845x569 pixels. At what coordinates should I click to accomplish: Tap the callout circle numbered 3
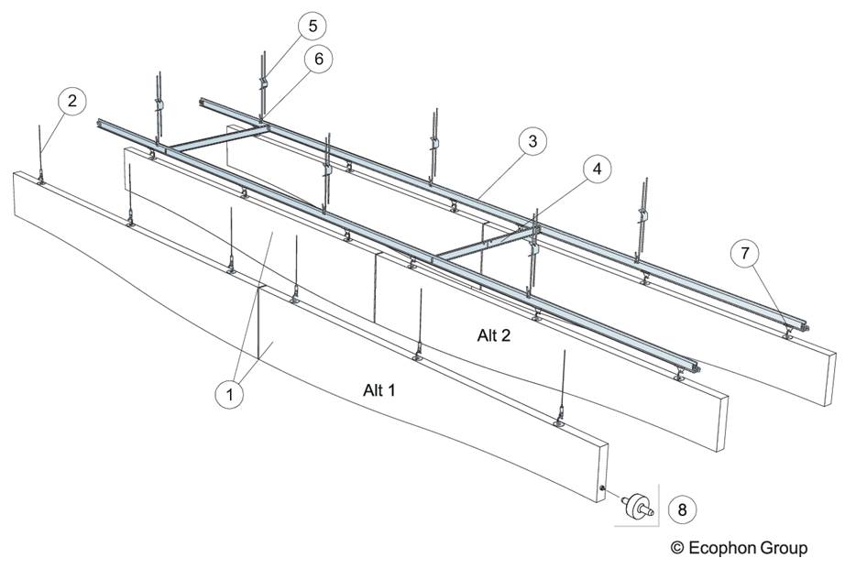(531, 142)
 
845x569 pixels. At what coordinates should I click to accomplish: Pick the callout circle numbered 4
(598, 170)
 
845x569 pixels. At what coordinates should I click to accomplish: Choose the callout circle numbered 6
(317, 59)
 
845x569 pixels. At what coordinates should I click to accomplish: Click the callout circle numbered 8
(682, 507)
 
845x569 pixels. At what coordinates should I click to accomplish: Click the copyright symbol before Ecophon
(677, 548)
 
